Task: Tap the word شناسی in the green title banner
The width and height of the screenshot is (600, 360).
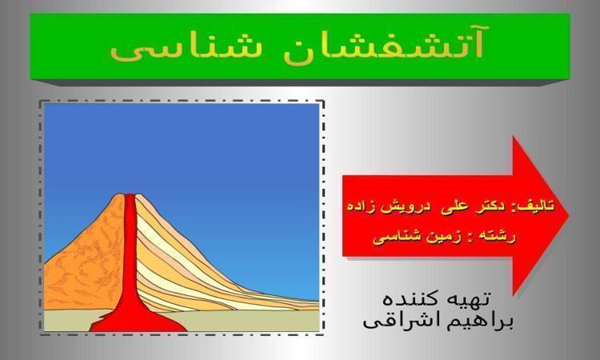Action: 186,48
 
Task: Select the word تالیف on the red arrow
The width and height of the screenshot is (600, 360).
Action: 537,206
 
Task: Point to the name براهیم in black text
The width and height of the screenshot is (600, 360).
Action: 482,321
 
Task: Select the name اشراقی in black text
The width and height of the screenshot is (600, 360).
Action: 405,321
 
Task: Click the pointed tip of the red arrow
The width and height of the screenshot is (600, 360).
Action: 569,215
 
